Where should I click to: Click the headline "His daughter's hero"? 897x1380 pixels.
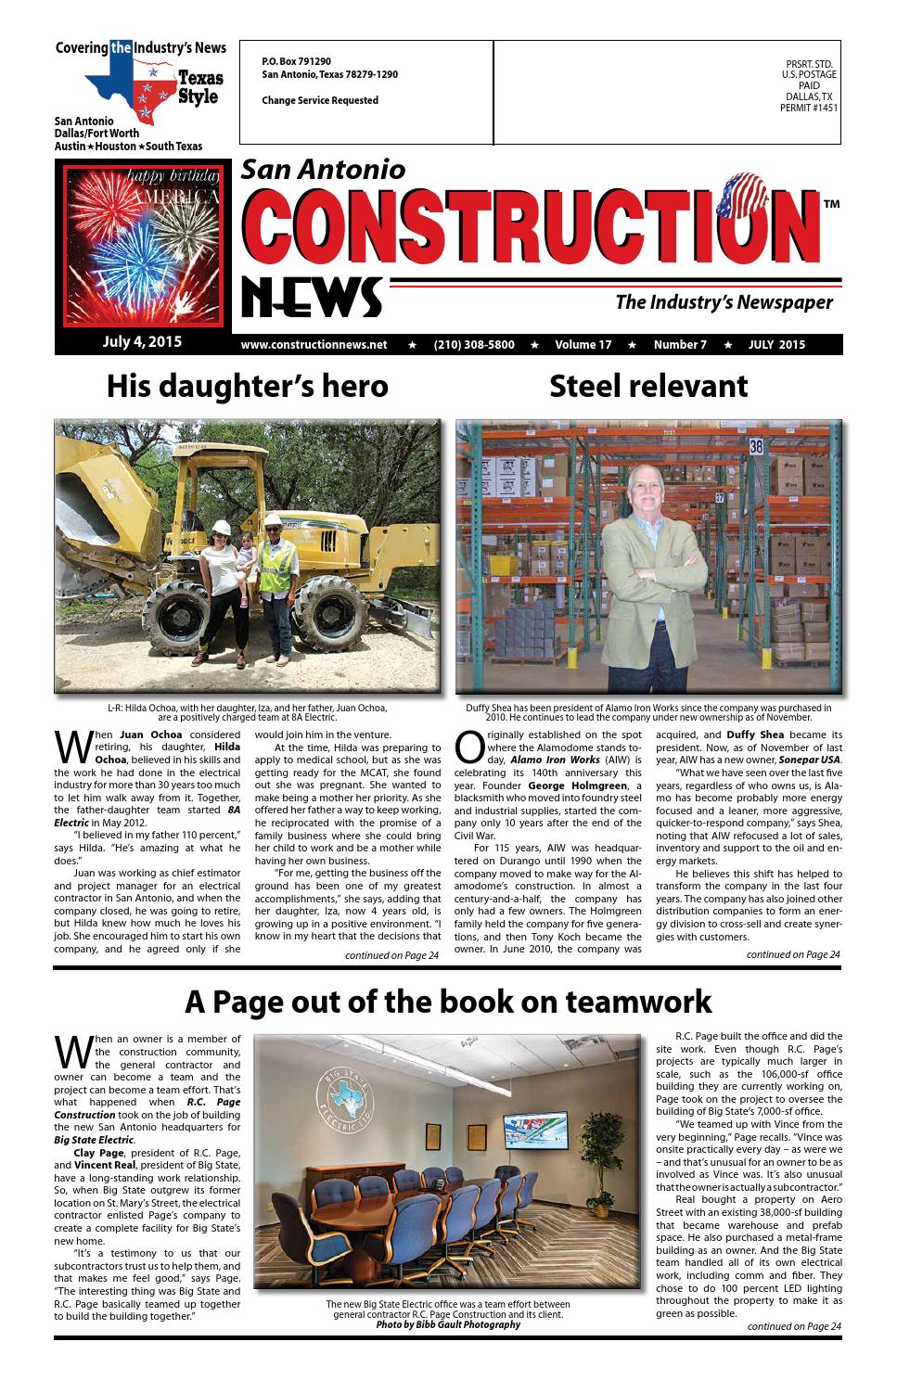pos(247,386)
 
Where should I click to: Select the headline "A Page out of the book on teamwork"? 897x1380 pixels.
pos(448,1002)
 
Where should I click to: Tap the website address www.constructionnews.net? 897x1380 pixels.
pos(314,345)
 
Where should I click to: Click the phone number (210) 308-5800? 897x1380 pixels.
pos(473,345)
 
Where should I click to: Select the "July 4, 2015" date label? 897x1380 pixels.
pos(142,341)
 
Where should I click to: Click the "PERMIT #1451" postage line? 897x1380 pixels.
pos(809,108)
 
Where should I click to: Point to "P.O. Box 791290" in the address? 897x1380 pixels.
pos(296,61)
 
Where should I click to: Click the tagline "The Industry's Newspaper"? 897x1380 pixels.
pos(724,302)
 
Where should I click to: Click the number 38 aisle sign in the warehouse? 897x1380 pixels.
pos(756,446)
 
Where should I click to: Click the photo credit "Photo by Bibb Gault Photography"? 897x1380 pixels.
pos(447,1324)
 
